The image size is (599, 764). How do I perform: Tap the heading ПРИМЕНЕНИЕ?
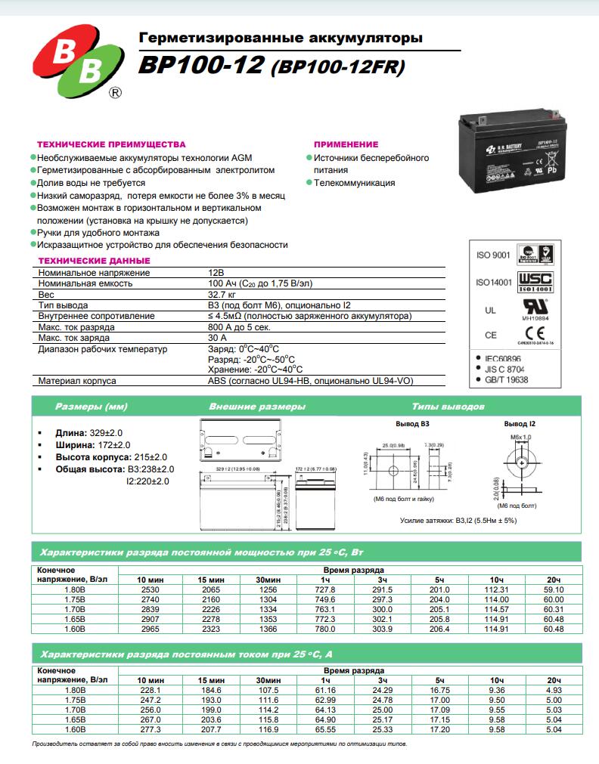[x=346, y=144]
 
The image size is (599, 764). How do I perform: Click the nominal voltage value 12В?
[x=216, y=272]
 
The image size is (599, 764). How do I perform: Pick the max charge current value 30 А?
[x=217, y=338]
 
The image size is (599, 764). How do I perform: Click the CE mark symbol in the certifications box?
[x=534, y=335]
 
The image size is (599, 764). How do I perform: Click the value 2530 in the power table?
[x=150, y=589]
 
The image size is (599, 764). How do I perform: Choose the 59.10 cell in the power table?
[x=554, y=589]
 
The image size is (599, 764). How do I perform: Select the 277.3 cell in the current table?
[x=150, y=728]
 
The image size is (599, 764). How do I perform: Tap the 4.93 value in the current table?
[x=554, y=689]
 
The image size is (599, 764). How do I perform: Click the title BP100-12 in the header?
[x=200, y=67]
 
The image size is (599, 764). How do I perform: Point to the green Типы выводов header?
[x=448, y=407]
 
